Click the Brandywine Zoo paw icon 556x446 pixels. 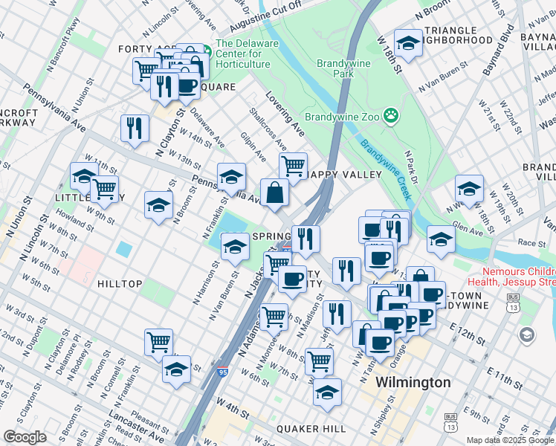pos(391,116)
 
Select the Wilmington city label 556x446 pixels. pos(413,382)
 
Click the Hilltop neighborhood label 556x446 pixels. pos(119,284)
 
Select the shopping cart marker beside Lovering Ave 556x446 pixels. pos(294,164)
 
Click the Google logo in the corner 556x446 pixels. pos(25,436)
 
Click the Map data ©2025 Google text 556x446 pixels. pos(509,440)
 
